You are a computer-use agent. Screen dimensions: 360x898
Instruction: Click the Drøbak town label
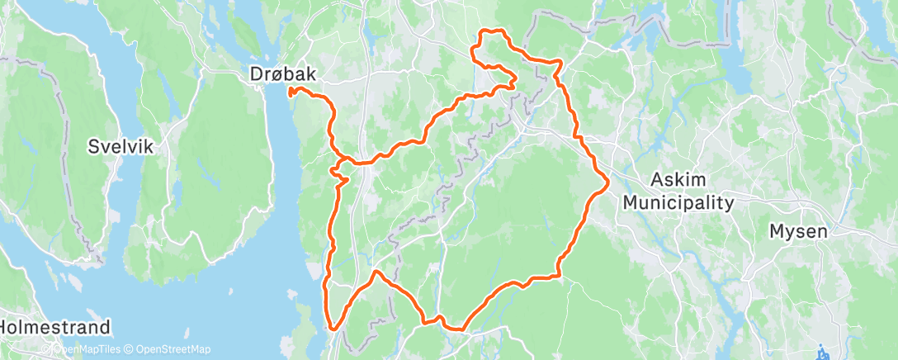pyautogui.click(x=281, y=74)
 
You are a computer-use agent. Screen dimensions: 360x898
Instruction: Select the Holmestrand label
pyautogui.click(x=55, y=326)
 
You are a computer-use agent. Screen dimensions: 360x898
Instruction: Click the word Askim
pyautogui.click(x=678, y=180)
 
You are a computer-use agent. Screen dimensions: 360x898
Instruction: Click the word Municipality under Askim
pyautogui.click(x=678, y=202)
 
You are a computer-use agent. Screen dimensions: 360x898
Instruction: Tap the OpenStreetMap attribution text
pyautogui.click(x=170, y=349)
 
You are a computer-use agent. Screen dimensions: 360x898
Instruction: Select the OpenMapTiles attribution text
pyautogui.click(x=83, y=349)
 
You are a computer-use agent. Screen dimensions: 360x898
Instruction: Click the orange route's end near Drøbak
pyautogui.click(x=291, y=94)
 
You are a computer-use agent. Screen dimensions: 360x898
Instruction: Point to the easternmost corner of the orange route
pyautogui.click(x=608, y=181)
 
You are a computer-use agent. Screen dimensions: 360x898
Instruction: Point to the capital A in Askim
pyautogui.click(x=658, y=180)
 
